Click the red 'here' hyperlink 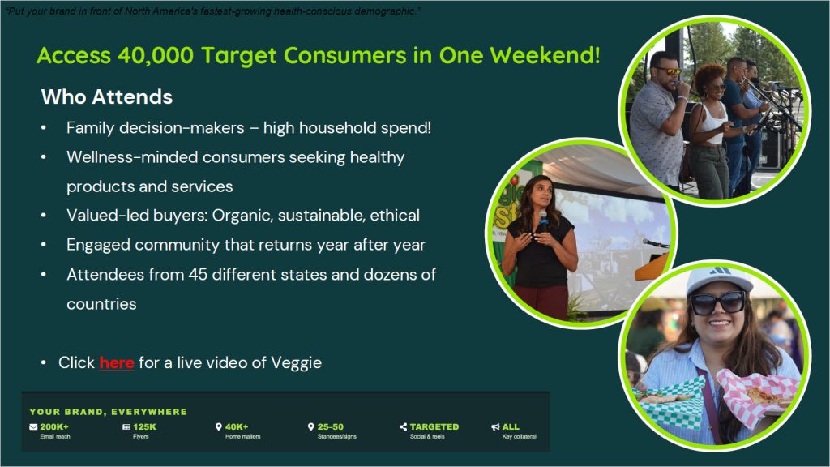click(117, 362)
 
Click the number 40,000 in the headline click(156, 56)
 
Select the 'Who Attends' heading click(107, 97)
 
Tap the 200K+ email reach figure click(54, 426)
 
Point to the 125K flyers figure click(144, 426)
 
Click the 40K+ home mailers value click(237, 426)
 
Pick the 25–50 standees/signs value click(331, 426)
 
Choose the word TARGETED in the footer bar click(434, 426)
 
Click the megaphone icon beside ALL click(495, 426)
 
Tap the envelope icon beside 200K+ click(33, 426)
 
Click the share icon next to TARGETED click(404, 426)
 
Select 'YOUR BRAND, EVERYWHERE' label click(108, 412)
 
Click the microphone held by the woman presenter click(542, 222)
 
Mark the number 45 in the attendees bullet click(198, 275)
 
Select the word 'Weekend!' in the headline click(545, 56)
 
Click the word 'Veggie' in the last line click(296, 363)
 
